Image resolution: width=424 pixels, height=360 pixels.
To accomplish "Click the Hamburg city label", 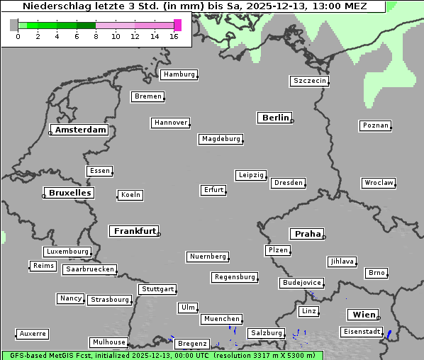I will (x=179, y=74).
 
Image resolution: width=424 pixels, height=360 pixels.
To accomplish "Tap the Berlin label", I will (x=275, y=118).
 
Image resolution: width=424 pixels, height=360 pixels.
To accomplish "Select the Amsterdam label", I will (x=80, y=130).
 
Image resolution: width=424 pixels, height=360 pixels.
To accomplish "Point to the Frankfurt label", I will (x=135, y=231).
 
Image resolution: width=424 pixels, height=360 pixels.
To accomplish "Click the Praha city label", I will (x=306, y=234).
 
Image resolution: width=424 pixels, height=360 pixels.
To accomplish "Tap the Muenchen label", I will (x=221, y=319).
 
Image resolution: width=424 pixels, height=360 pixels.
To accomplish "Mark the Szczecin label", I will (x=309, y=81).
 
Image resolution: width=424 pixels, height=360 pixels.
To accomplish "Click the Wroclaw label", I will (x=378, y=183).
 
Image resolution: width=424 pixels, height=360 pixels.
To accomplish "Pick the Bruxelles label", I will (x=69, y=193).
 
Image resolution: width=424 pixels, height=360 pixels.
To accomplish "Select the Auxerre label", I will (x=33, y=333).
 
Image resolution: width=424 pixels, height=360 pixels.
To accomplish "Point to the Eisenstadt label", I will (x=359, y=332).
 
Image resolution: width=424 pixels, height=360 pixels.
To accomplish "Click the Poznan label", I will (x=375, y=125).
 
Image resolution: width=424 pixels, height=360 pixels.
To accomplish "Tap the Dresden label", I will (x=289, y=183).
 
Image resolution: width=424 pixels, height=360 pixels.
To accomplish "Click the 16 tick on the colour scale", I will (x=174, y=36).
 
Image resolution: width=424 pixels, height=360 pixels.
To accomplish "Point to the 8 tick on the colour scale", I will (x=96, y=36).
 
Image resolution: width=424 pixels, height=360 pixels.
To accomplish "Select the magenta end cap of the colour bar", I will (x=177, y=25).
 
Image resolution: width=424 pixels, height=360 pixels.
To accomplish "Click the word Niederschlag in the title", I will (x=53, y=6).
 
